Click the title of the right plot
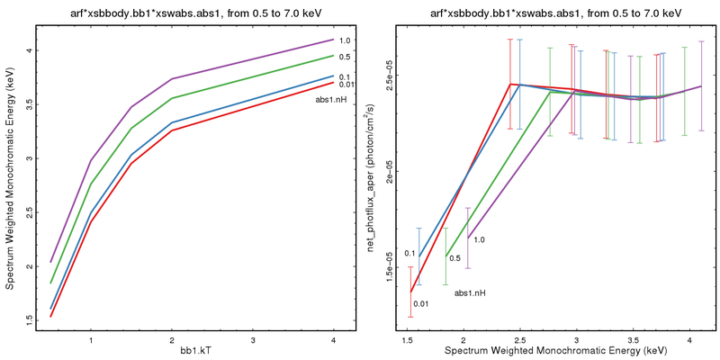click(549, 10)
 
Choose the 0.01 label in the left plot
click(346, 85)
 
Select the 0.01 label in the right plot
click(420, 303)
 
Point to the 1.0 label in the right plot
click(479, 240)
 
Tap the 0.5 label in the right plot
click(455, 258)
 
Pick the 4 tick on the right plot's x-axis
click(689, 340)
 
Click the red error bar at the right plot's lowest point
click(410, 292)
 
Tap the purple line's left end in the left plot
click(51, 262)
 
